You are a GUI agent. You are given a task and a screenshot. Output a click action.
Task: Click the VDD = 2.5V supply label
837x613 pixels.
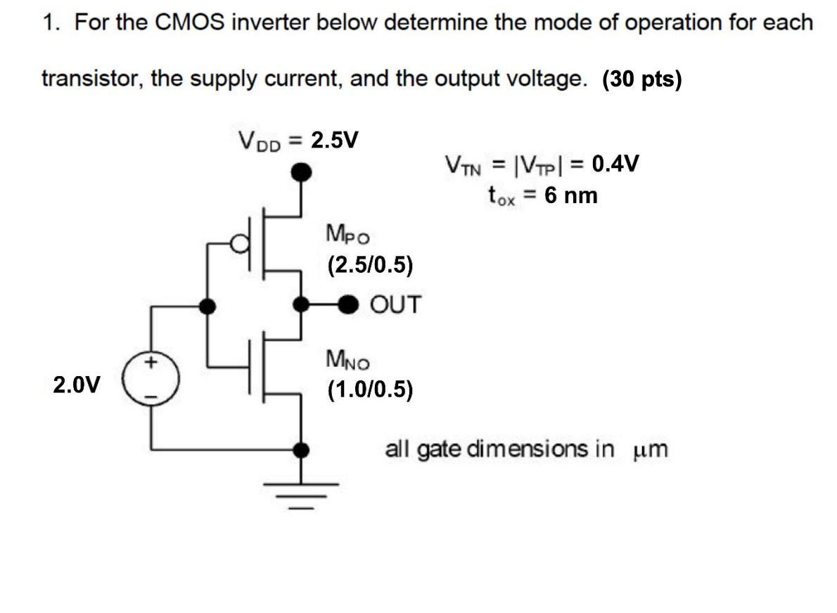coord(298,141)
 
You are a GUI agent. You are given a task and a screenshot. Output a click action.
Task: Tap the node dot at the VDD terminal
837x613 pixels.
coord(302,171)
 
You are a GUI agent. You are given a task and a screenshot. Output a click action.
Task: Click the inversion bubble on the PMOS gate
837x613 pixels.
coord(243,243)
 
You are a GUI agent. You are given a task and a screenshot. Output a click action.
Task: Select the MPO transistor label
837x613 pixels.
coord(347,233)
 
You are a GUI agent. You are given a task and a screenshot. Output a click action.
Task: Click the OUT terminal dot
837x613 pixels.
coord(349,305)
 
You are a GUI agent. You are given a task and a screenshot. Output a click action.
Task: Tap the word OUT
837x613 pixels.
coord(395,305)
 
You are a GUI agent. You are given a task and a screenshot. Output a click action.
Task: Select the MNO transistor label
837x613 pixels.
coord(347,361)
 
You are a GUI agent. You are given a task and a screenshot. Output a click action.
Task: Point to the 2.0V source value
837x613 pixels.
coord(76,385)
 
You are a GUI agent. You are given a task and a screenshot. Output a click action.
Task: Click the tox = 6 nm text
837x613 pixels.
coord(542,195)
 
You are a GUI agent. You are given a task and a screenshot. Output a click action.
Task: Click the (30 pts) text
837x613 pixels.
coord(642,79)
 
